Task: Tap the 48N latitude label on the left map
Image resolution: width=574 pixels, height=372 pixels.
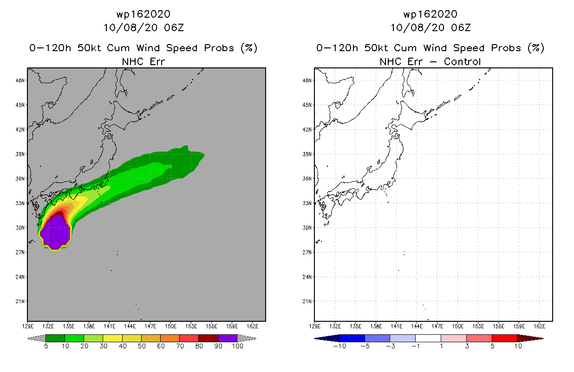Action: (x=20, y=80)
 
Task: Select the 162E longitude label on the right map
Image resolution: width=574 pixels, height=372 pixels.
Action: (x=540, y=326)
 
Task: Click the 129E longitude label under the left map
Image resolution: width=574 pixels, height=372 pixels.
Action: (x=28, y=326)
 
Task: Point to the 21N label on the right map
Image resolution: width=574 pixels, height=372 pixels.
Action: (x=307, y=301)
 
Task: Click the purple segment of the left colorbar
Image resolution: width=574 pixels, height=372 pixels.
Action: (x=228, y=338)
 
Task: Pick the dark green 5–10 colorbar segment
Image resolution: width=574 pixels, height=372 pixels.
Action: (x=55, y=338)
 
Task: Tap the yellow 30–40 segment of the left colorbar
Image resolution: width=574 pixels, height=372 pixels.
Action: (x=112, y=338)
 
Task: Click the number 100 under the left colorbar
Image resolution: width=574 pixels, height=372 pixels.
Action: (x=237, y=346)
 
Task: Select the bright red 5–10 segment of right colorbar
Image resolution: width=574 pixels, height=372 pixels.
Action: (x=505, y=338)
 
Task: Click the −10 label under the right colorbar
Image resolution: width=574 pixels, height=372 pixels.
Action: (x=339, y=346)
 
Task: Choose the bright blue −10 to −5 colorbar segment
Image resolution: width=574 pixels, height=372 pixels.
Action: (x=352, y=338)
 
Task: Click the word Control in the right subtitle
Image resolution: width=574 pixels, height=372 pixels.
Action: (x=462, y=62)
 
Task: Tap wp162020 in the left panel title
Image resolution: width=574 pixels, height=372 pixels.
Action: (x=143, y=14)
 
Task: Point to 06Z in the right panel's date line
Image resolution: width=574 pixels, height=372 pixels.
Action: (x=461, y=28)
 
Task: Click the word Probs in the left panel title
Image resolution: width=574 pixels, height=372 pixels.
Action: (x=219, y=48)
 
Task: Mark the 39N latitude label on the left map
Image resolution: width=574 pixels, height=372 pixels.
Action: (x=20, y=154)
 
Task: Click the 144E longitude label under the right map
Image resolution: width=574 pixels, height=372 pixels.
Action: (x=417, y=326)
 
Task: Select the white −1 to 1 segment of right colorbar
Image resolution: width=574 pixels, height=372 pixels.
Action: (x=428, y=338)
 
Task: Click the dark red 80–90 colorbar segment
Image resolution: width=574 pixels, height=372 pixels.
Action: (x=209, y=338)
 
